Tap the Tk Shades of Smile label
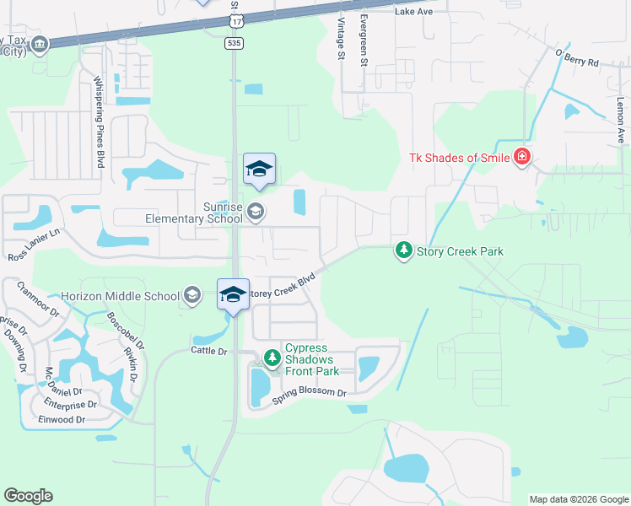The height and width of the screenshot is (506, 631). click(x=459, y=158)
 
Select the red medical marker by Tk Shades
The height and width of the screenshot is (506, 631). click(x=522, y=158)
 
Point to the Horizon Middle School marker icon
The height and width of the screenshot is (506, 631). click(x=192, y=295)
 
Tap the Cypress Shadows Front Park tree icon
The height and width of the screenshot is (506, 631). click(x=272, y=358)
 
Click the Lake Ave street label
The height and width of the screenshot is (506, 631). click(x=413, y=12)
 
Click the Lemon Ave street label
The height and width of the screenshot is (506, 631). click(x=620, y=117)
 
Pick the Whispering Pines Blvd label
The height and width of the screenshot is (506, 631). click(x=98, y=121)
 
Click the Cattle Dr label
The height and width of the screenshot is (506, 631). click(x=209, y=350)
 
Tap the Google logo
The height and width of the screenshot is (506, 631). click(x=28, y=496)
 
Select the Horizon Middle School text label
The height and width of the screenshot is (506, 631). click(x=120, y=296)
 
